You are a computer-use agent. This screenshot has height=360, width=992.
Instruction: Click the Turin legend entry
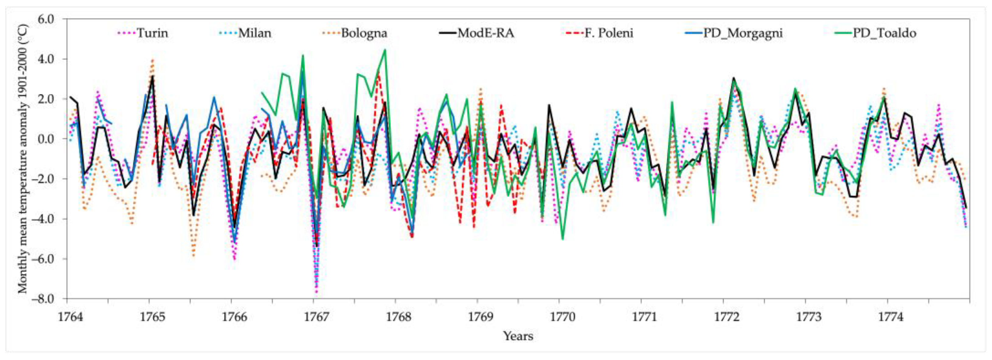(143, 33)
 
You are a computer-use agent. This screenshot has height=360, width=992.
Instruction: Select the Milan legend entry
(246, 33)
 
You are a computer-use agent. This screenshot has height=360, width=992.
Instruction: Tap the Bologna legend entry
(355, 33)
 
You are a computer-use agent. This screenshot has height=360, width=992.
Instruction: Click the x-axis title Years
(518, 336)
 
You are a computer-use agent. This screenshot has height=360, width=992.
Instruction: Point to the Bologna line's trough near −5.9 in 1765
(193, 256)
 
